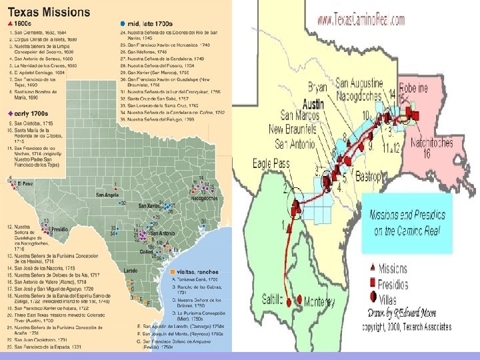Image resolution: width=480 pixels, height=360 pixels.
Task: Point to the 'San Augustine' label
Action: coord(359,83)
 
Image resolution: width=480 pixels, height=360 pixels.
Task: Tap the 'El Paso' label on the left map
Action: coord(25,183)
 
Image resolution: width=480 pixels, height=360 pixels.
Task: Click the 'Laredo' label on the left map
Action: coord(130,271)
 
